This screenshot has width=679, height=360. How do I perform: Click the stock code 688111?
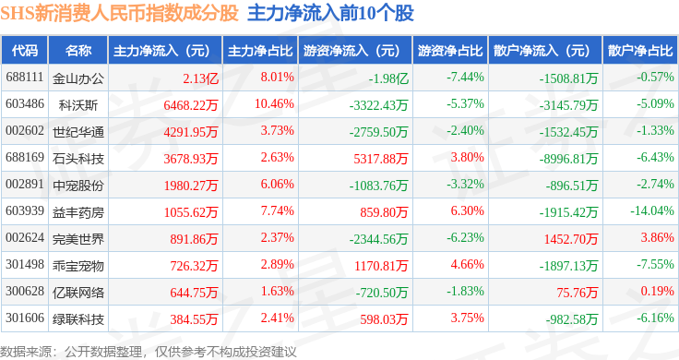tap(25, 78)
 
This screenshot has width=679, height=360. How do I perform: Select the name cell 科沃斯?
tap(78, 105)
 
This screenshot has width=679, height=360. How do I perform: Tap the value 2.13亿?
tap(200, 78)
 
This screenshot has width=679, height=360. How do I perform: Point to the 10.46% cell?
tap(274, 104)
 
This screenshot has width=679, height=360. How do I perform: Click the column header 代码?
tap(25, 51)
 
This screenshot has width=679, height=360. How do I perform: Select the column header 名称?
tap(78, 51)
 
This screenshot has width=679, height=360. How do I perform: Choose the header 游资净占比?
tap(450, 51)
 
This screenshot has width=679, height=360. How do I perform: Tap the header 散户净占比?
tap(640, 51)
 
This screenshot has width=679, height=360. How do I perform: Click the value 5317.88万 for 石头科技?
tap(381, 159)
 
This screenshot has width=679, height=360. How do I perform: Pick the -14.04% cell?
tap(652, 211)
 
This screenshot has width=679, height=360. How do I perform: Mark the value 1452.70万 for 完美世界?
tap(571, 239)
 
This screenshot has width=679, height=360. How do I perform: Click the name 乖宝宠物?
tap(78, 266)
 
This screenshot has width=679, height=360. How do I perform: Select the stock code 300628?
tap(25, 291)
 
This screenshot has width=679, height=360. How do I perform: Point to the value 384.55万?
tap(194, 319)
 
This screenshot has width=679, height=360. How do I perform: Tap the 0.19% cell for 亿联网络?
tap(658, 291)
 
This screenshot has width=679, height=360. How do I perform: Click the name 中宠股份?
tap(78, 186)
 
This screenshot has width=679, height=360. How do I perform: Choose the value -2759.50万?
tap(378, 132)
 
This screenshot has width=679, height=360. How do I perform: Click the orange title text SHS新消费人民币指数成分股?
tap(120, 14)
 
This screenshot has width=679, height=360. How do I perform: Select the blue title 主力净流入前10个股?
tap(331, 14)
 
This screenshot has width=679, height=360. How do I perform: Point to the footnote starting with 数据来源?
tap(149, 352)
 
